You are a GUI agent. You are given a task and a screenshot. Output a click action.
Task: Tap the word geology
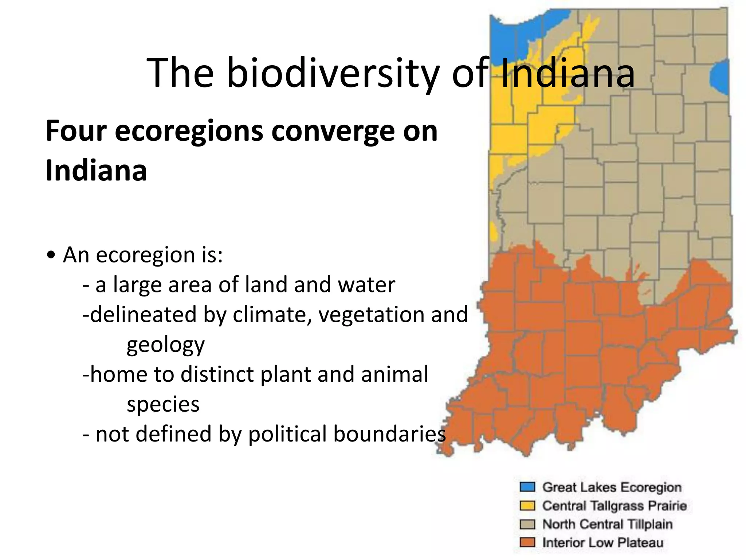point(165,345)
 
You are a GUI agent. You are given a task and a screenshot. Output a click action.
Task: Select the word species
point(163,404)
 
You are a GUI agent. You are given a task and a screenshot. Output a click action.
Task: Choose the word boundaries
point(389,434)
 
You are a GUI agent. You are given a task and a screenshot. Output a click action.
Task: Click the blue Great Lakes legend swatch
point(527,487)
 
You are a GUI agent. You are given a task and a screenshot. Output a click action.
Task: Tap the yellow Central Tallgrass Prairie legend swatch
point(527,506)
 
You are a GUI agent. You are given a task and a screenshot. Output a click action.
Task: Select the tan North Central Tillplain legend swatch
point(527,524)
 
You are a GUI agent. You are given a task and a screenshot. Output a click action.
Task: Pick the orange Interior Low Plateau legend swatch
point(527,542)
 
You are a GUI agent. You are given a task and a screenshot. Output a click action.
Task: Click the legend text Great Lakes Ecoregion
point(612,487)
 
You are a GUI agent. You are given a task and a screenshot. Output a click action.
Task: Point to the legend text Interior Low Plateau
point(602,542)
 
